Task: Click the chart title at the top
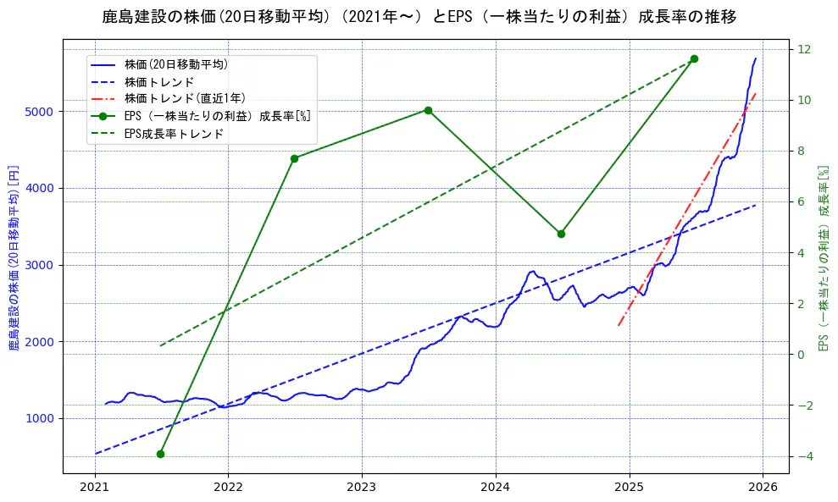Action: (x=419, y=16)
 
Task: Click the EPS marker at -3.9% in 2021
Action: (x=160, y=454)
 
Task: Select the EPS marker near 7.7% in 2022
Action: (x=294, y=158)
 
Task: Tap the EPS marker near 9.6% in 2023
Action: (x=428, y=110)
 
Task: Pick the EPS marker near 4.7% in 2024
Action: (x=561, y=234)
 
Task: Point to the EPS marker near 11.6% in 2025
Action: (x=694, y=58)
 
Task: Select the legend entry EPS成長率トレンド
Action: (x=174, y=134)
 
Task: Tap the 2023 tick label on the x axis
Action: (x=362, y=487)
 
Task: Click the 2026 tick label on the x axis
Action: (x=763, y=487)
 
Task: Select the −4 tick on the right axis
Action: (x=802, y=456)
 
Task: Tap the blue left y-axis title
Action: (x=13, y=258)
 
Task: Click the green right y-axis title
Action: (x=823, y=258)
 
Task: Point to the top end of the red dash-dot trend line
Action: (x=756, y=93)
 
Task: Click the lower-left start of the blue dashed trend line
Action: (x=96, y=454)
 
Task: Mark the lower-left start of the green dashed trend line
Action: (x=161, y=345)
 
